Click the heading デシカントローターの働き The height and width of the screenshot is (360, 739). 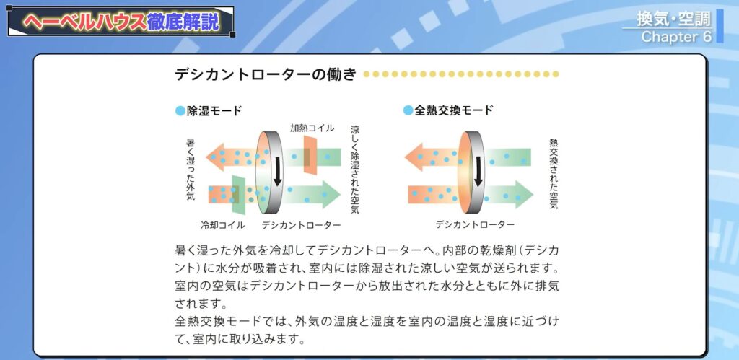click(x=265, y=75)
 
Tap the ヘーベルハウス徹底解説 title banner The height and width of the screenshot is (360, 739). click(x=121, y=22)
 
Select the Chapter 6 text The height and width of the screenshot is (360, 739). click(x=676, y=36)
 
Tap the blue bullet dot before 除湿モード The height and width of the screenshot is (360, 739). click(x=180, y=111)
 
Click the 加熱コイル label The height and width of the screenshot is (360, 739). click(x=312, y=128)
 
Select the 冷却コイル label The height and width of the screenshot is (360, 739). click(x=222, y=225)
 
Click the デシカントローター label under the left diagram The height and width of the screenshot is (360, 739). click(x=302, y=225)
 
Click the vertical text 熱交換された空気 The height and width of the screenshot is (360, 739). click(x=554, y=174)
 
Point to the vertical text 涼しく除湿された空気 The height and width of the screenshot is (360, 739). click(x=354, y=169)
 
